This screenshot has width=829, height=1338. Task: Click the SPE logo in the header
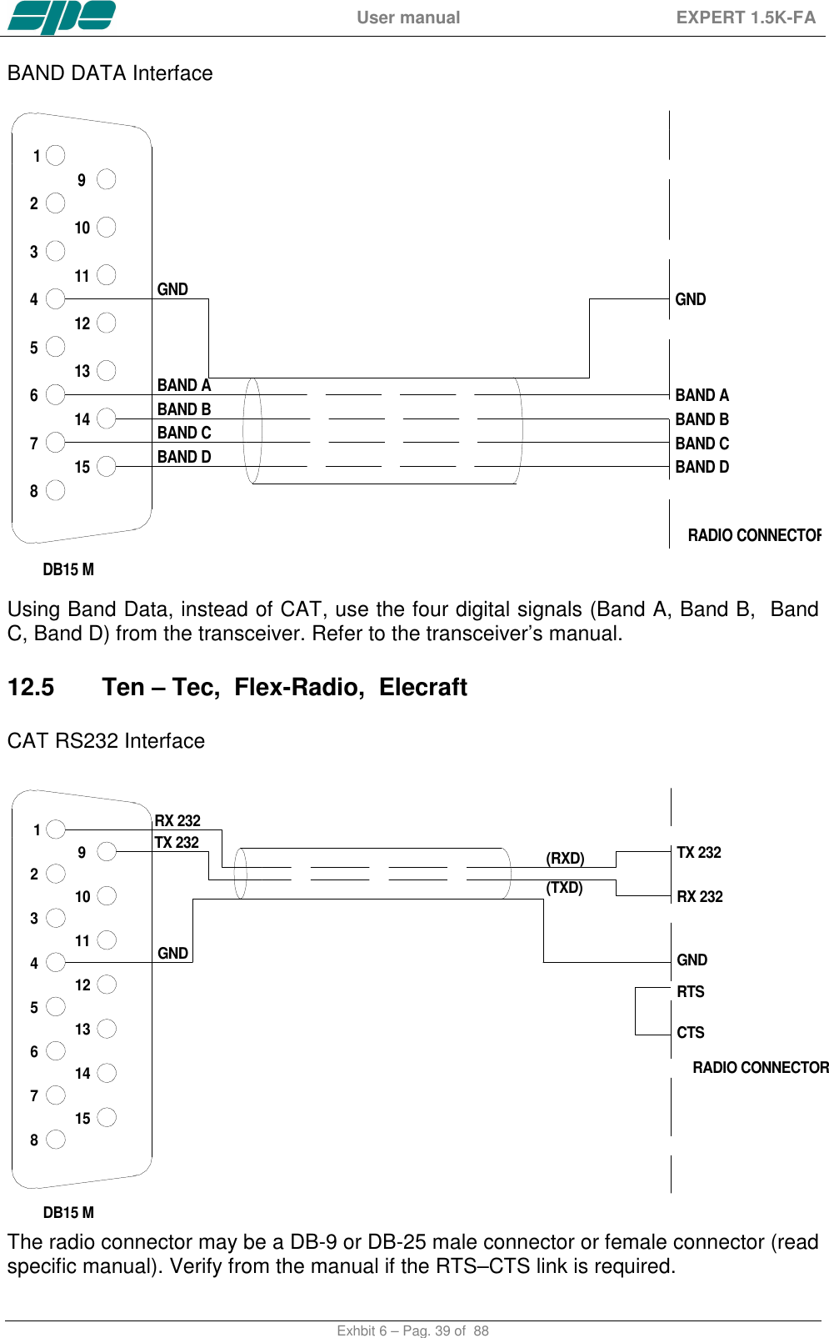click(61, 18)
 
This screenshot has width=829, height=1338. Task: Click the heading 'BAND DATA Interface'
click(110, 73)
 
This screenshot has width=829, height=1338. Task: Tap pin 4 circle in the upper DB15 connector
click(56, 298)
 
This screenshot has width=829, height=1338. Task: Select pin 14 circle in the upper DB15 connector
click(106, 418)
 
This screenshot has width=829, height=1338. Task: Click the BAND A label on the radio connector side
click(702, 395)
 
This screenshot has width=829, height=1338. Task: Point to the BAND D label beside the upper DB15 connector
click(184, 457)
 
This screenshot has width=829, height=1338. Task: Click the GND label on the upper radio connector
click(690, 299)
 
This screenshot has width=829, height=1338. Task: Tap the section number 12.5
click(31, 687)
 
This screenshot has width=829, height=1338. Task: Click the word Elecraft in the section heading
click(422, 687)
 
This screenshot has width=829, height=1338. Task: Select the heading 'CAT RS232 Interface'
click(106, 741)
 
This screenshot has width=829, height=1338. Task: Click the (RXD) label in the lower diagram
click(565, 859)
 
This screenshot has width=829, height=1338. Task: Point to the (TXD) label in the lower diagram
click(564, 888)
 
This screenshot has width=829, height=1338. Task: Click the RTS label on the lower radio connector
click(690, 992)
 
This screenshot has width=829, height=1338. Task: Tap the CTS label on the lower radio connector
click(690, 1033)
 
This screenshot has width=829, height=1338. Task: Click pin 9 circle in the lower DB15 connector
click(106, 851)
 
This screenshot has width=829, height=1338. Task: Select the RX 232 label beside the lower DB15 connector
click(177, 820)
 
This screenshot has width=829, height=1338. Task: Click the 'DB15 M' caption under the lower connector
click(68, 1213)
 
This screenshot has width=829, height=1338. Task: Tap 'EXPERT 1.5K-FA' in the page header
click(746, 18)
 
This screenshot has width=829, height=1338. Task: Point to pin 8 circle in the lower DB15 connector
click(56, 1140)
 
